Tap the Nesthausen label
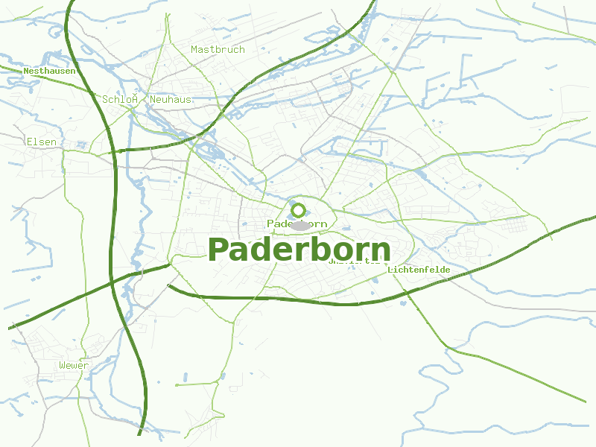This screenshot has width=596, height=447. point(49,72)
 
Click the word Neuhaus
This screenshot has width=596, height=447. point(171,99)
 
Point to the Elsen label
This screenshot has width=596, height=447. point(41,142)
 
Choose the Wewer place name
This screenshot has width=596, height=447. point(74,366)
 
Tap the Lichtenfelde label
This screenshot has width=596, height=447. point(419,270)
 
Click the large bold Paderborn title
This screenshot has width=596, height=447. point(299,250)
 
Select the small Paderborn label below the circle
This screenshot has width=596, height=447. point(297,224)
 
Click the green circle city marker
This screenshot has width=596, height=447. point(299,210)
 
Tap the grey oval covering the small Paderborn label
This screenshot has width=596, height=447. point(300,225)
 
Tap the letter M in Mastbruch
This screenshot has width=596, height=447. point(194,50)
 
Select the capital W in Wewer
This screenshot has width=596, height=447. point(63,366)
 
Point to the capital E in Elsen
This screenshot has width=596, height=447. point(29,142)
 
